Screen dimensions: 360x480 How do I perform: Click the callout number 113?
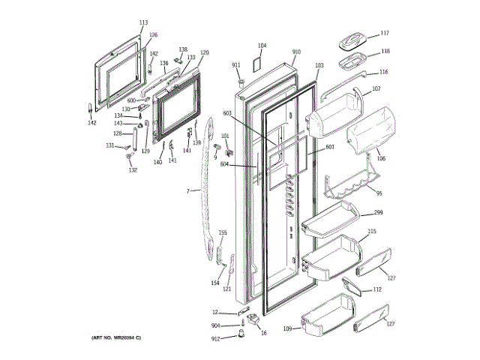(143, 22)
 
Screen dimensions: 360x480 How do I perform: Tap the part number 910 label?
(295, 52)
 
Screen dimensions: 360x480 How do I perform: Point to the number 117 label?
(384, 33)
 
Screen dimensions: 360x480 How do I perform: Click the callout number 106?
(380, 158)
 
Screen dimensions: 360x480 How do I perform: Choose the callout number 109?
(286, 328)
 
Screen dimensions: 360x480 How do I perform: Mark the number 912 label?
(216, 339)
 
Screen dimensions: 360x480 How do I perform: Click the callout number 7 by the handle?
(187, 191)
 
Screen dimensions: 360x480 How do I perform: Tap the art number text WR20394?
(120, 340)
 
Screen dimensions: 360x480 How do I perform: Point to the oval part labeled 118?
(352, 60)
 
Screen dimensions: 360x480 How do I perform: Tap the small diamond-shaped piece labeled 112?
(350, 286)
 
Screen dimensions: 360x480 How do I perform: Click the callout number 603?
(227, 113)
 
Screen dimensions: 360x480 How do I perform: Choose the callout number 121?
(226, 289)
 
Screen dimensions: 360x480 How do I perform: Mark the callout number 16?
(263, 332)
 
